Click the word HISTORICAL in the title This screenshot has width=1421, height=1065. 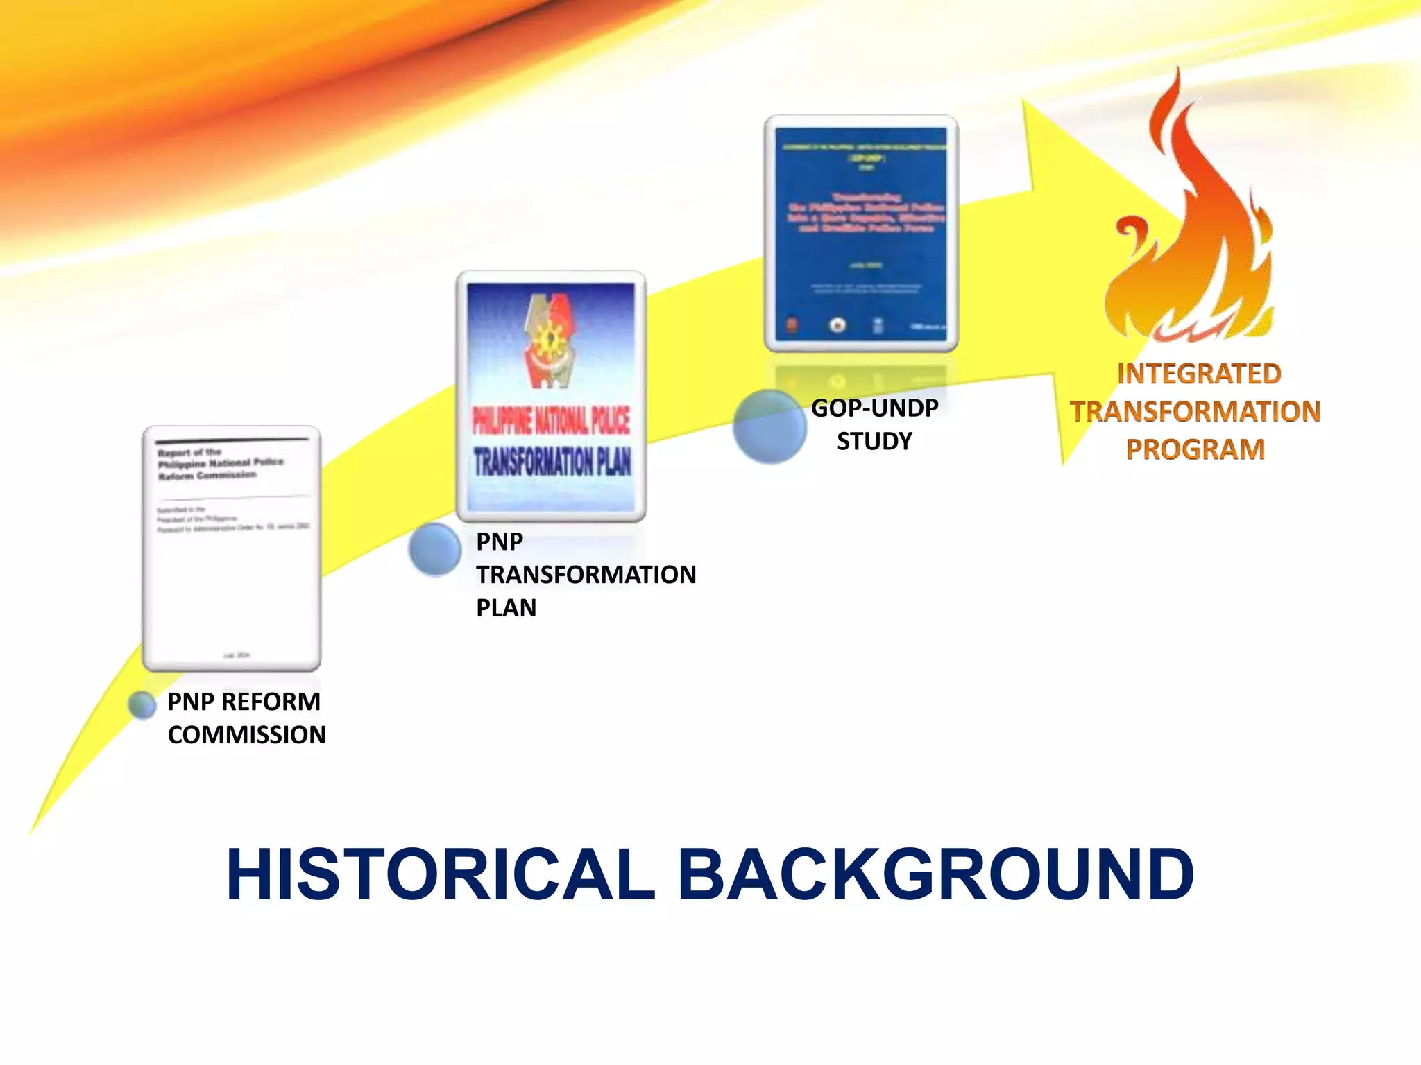[x=440, y=875]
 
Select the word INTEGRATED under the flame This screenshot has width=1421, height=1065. [x=1199, y=374]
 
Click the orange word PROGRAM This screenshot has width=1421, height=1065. [x=1195, y=449]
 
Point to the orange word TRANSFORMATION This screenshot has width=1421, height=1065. [x=1195, y=412]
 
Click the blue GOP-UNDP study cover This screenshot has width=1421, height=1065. [x=861, y=233]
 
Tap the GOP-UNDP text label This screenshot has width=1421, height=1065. [x=875, y=408]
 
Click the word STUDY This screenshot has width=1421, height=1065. [x=874, y=442]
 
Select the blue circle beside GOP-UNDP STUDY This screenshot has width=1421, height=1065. [x=769, y=426]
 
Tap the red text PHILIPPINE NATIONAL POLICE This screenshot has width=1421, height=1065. [x=551, y=420]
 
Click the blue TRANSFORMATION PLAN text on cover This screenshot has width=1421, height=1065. [x=552, y=462]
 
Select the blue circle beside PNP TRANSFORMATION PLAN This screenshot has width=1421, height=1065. [x=435, y=549]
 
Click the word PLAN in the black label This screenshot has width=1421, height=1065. [x=507, y=608]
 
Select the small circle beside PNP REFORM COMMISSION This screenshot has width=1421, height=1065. [x=142, y=704]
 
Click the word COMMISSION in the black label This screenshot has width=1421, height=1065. [x=247, y=735]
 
